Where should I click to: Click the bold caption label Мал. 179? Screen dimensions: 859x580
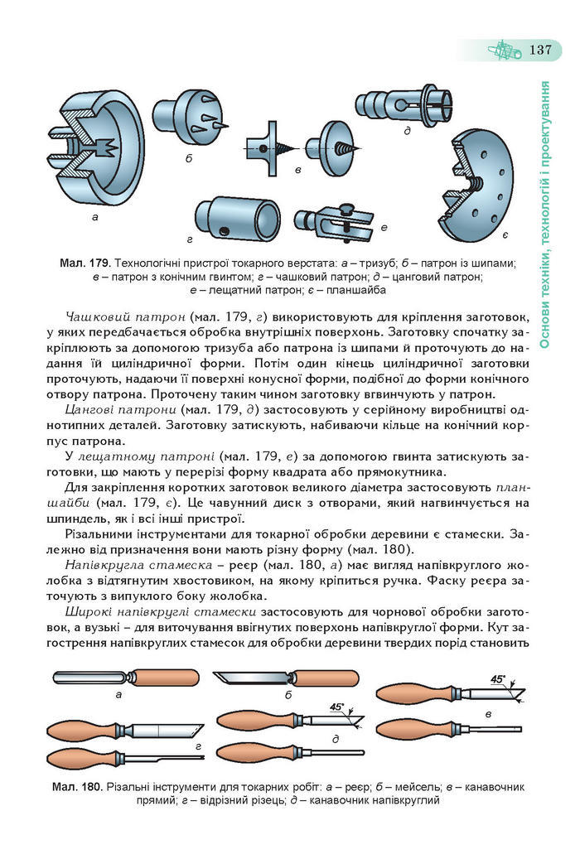click(85, 263)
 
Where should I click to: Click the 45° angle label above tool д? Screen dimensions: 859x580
click(336, 707)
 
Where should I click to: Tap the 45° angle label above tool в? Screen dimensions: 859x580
click(498, 679)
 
